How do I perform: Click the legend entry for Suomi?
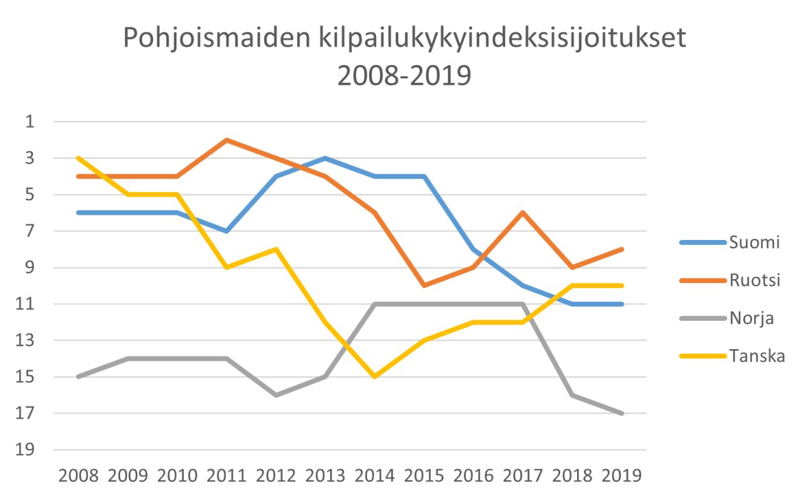coord(754,242)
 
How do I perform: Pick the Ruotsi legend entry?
coord(755,280)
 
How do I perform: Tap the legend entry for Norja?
coord(752,318)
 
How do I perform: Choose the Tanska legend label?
coord(757,356)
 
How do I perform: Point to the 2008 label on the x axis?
coord(78,475)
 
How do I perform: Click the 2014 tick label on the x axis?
coord(375,475)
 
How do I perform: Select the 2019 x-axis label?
coord(622,475)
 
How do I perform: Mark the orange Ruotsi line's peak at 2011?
coord(226,140)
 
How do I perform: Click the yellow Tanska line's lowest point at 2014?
coord(375,377)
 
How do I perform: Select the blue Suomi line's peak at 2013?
coord(325,158)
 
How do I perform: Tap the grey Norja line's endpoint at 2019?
coord(622,414)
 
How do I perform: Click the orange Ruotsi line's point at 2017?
coord(523,213)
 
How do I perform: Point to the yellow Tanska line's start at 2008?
coord(78,158)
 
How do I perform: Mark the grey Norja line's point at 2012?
coord(276,395)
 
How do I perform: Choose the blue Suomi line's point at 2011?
coord(226,231)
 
